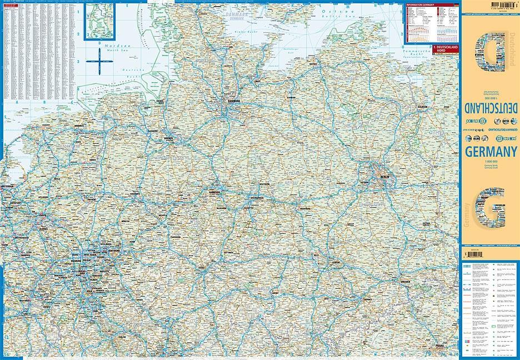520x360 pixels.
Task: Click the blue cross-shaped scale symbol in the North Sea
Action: pyautogui.click(x=97, y=61)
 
